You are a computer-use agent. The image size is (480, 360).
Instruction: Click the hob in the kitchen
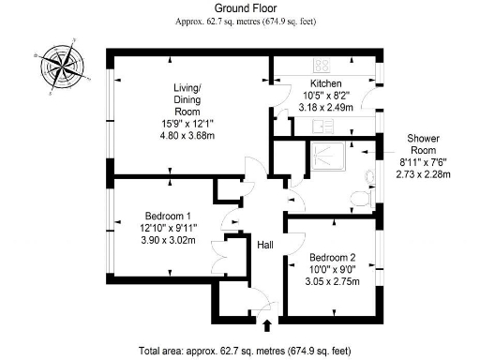[x=322, y=65]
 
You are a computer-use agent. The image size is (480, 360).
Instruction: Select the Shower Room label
[x=423, y=144]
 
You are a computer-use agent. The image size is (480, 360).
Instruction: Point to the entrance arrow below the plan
[x=269, y=325]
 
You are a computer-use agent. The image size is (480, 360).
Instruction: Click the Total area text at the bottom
[x=244, y=352]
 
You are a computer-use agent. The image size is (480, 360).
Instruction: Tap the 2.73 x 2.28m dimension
[x=422, y=173]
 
